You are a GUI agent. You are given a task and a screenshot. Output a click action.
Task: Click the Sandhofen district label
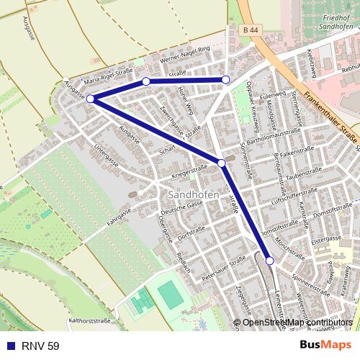(x=189, y=195)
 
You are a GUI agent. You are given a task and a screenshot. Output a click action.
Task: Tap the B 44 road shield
(x=251, y=30)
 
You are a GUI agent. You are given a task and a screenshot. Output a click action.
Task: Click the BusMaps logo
(x=326, y=346)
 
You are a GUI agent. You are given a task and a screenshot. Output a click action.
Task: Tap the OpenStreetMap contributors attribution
(x=297, y=322)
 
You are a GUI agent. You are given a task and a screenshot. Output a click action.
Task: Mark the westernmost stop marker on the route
(x=90, y=99)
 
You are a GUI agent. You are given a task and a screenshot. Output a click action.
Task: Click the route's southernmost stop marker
(x=269, y=261)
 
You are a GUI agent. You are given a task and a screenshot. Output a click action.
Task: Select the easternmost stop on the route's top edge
(x=225, y=79)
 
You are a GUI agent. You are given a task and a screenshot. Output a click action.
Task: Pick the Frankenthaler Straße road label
(x=330, y=114)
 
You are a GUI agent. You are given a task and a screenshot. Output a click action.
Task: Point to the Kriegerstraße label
(x=189, y=171)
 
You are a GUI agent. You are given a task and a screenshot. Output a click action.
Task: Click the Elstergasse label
(x=325, y=237)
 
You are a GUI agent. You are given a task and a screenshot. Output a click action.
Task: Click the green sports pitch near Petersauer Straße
(x=171, y=294)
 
